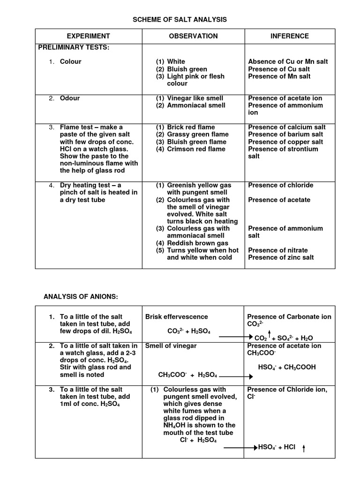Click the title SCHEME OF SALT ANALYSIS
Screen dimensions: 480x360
point(180,19)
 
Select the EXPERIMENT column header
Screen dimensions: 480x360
point(88,36)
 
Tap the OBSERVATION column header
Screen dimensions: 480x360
point(193,36)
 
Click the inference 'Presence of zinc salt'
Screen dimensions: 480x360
point(281,257)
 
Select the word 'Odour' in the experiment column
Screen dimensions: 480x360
point(70,98)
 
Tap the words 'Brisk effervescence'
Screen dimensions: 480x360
point(177,317)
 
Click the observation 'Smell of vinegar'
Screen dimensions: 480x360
point(171,346)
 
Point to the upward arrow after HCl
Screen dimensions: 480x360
point(304,449)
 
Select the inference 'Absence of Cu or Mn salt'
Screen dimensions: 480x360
point(288,61)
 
